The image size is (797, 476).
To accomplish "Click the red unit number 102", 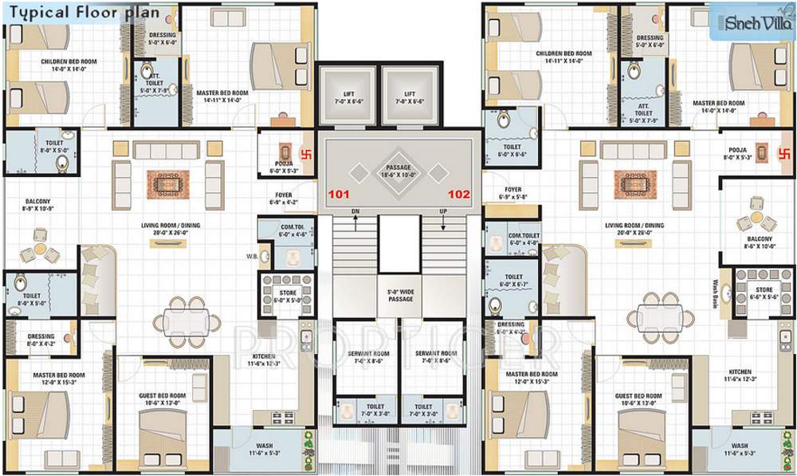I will pyautogui.click(x=459, y=193).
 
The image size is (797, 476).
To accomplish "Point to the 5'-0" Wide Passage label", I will pyautogui.click(x=400, y=294).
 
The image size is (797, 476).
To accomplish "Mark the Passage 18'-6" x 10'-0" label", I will pyautogui.click(x=398, y=171).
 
